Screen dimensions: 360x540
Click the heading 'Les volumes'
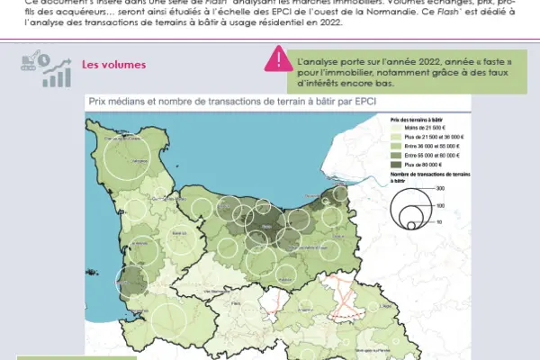(x=112, y=66)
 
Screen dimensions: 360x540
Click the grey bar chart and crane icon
(x=42, y=70)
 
